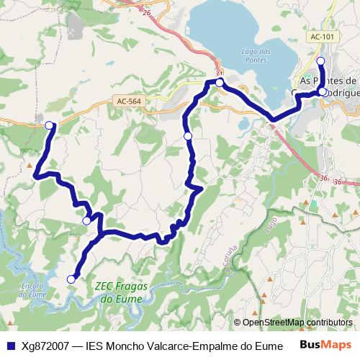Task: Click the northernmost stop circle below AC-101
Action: [321, 61]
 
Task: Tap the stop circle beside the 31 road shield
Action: [220, 83]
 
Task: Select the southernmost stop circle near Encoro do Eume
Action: [71, 279]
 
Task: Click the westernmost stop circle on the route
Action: [50, 125]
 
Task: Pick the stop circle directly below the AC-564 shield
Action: [188, 136]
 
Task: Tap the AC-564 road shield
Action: [127, 102]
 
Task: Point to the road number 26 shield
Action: [148, 13]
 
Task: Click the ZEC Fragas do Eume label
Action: [120, 291]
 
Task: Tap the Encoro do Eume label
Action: [34, 290]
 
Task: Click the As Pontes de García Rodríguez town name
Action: [328, 86]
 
